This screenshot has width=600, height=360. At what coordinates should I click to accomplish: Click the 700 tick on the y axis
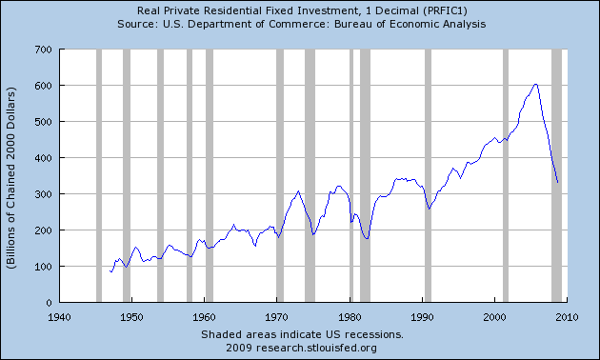[x=42, y=49]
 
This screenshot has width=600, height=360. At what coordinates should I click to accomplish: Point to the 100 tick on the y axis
[x=42, y=267]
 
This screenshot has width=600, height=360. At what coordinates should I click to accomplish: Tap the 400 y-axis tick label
[x=42, y=157]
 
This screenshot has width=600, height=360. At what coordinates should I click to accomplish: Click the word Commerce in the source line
[x=323, y=24]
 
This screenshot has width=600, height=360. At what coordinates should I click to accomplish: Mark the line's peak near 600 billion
[x=536, y=84]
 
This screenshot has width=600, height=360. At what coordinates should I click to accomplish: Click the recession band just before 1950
[x=127, y=175]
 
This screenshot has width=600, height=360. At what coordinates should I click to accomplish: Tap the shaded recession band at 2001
[x=505, y=175]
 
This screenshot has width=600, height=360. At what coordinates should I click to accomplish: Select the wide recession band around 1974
[x=310, y=175]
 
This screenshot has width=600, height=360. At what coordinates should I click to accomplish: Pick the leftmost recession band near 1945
[x=98, y=175]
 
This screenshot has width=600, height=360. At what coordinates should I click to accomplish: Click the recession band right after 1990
[x=428, y=175]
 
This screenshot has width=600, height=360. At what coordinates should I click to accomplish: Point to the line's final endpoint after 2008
[x=557, y=181]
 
